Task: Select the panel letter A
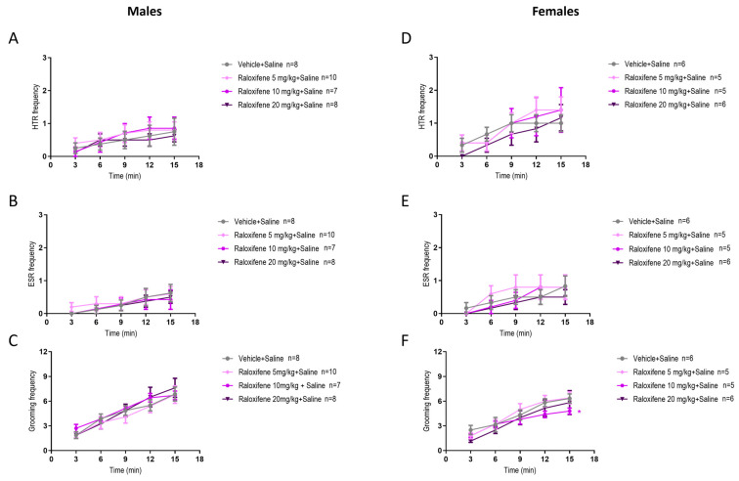(x=11, y=41)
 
